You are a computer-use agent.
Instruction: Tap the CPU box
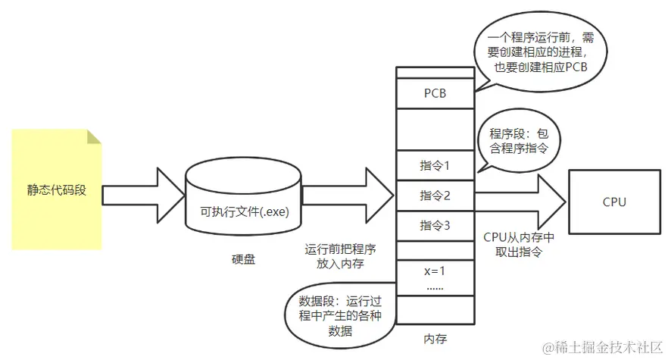(x=614, y=202)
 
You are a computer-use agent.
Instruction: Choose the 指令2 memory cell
(x=434, y=196)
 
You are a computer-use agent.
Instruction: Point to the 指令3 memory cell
(x=434, y=225)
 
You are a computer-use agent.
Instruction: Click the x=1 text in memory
(x=434, y=271)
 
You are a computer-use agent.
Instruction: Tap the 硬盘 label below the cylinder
(x=243, y=259)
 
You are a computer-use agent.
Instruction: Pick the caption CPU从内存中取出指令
(x=519, y=245)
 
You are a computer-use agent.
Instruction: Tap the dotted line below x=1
(x=434, y=289)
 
